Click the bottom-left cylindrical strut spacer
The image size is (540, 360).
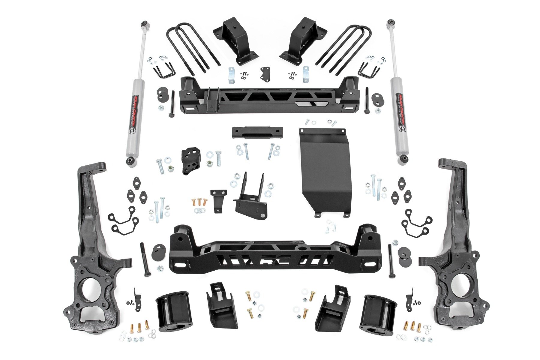point(174,312)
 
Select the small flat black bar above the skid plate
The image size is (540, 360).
point(257,132)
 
